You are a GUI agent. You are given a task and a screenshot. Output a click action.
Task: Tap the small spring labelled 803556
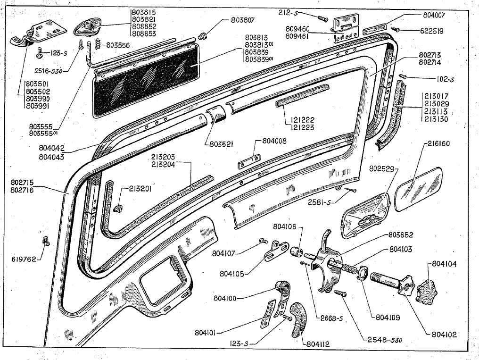tap(97, 45)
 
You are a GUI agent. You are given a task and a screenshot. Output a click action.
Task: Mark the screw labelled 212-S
tap(323, 18)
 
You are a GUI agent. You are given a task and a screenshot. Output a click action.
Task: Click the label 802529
tap(384, 168)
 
